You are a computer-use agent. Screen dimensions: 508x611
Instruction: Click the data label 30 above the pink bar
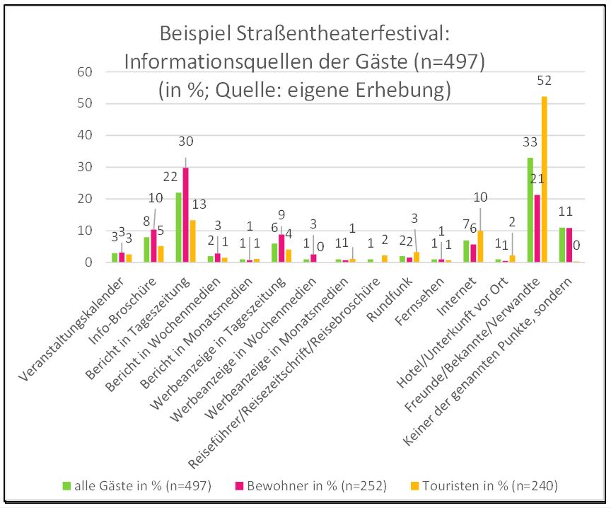pos(186,141)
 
